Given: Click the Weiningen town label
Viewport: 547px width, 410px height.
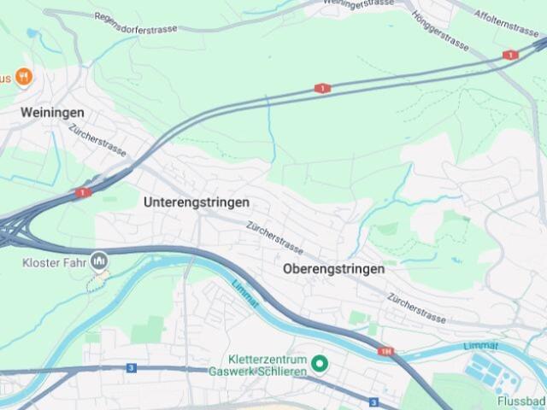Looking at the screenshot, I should (x=53, y=113).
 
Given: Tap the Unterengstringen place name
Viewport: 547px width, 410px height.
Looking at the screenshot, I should (x=197, y=202).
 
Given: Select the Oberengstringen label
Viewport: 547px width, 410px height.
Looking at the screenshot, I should (x=333, y=268).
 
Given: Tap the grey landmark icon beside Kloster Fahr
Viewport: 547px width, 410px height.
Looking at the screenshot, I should (x=99, y=260).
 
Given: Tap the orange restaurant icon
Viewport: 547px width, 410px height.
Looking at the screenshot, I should (x=24, y=78).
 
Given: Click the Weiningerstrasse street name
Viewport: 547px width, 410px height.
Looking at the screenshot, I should (x=358, y=3).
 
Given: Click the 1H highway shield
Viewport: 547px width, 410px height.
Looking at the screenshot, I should (x=387, y=351).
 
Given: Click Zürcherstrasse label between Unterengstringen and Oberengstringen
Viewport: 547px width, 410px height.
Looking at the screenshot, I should (x=274, y=237).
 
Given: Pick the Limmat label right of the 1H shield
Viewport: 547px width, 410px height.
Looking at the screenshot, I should (x=479, y=345).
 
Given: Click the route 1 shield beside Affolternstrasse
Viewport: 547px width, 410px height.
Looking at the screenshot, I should (x=510, y=56).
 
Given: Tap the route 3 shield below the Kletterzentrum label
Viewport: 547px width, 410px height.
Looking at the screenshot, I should (x=373, y=401).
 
